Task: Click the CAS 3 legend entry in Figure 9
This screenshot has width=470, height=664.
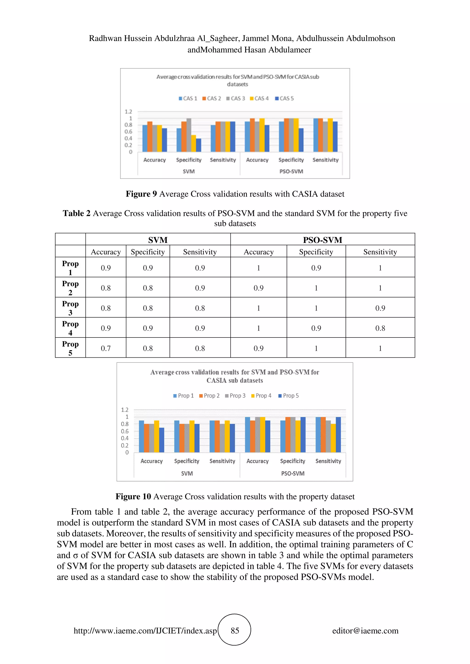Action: (235, 98)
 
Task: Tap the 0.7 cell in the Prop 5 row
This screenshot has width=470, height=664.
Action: (106, 348)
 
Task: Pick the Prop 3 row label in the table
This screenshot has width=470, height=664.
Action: (70, 308)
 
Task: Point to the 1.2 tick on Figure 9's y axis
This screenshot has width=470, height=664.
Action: (128, 112)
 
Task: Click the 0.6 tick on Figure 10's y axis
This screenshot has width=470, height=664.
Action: (125, 431)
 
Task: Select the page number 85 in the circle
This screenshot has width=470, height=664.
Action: (235, 631)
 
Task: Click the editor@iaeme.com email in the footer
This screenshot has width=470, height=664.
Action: (365, 631)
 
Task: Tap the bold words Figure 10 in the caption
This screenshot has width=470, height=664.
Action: (133, 497)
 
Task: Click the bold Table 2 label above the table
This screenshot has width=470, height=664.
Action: (76, 214)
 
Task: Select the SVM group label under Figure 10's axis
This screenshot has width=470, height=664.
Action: (187, 473)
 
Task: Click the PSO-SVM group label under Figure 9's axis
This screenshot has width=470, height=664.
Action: (291, 171)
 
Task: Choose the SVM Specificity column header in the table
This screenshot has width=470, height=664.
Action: (148, 252)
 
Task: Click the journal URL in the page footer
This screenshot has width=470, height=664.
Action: (145, 631)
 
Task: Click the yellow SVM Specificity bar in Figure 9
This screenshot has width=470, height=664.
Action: (193, 143)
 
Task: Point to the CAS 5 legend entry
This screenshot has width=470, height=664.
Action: (284, 98)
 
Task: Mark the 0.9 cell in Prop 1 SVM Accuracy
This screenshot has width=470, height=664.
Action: (106, 268)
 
